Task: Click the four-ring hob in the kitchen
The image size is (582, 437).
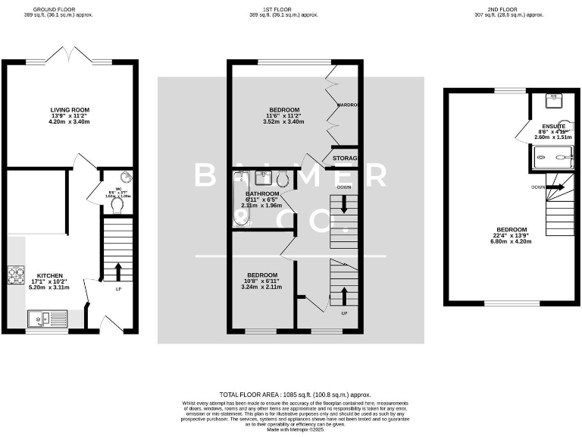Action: click(17, 275)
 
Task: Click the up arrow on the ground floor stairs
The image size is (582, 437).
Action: click(117, 270)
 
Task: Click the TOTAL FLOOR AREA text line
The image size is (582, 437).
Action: click(295, 395)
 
